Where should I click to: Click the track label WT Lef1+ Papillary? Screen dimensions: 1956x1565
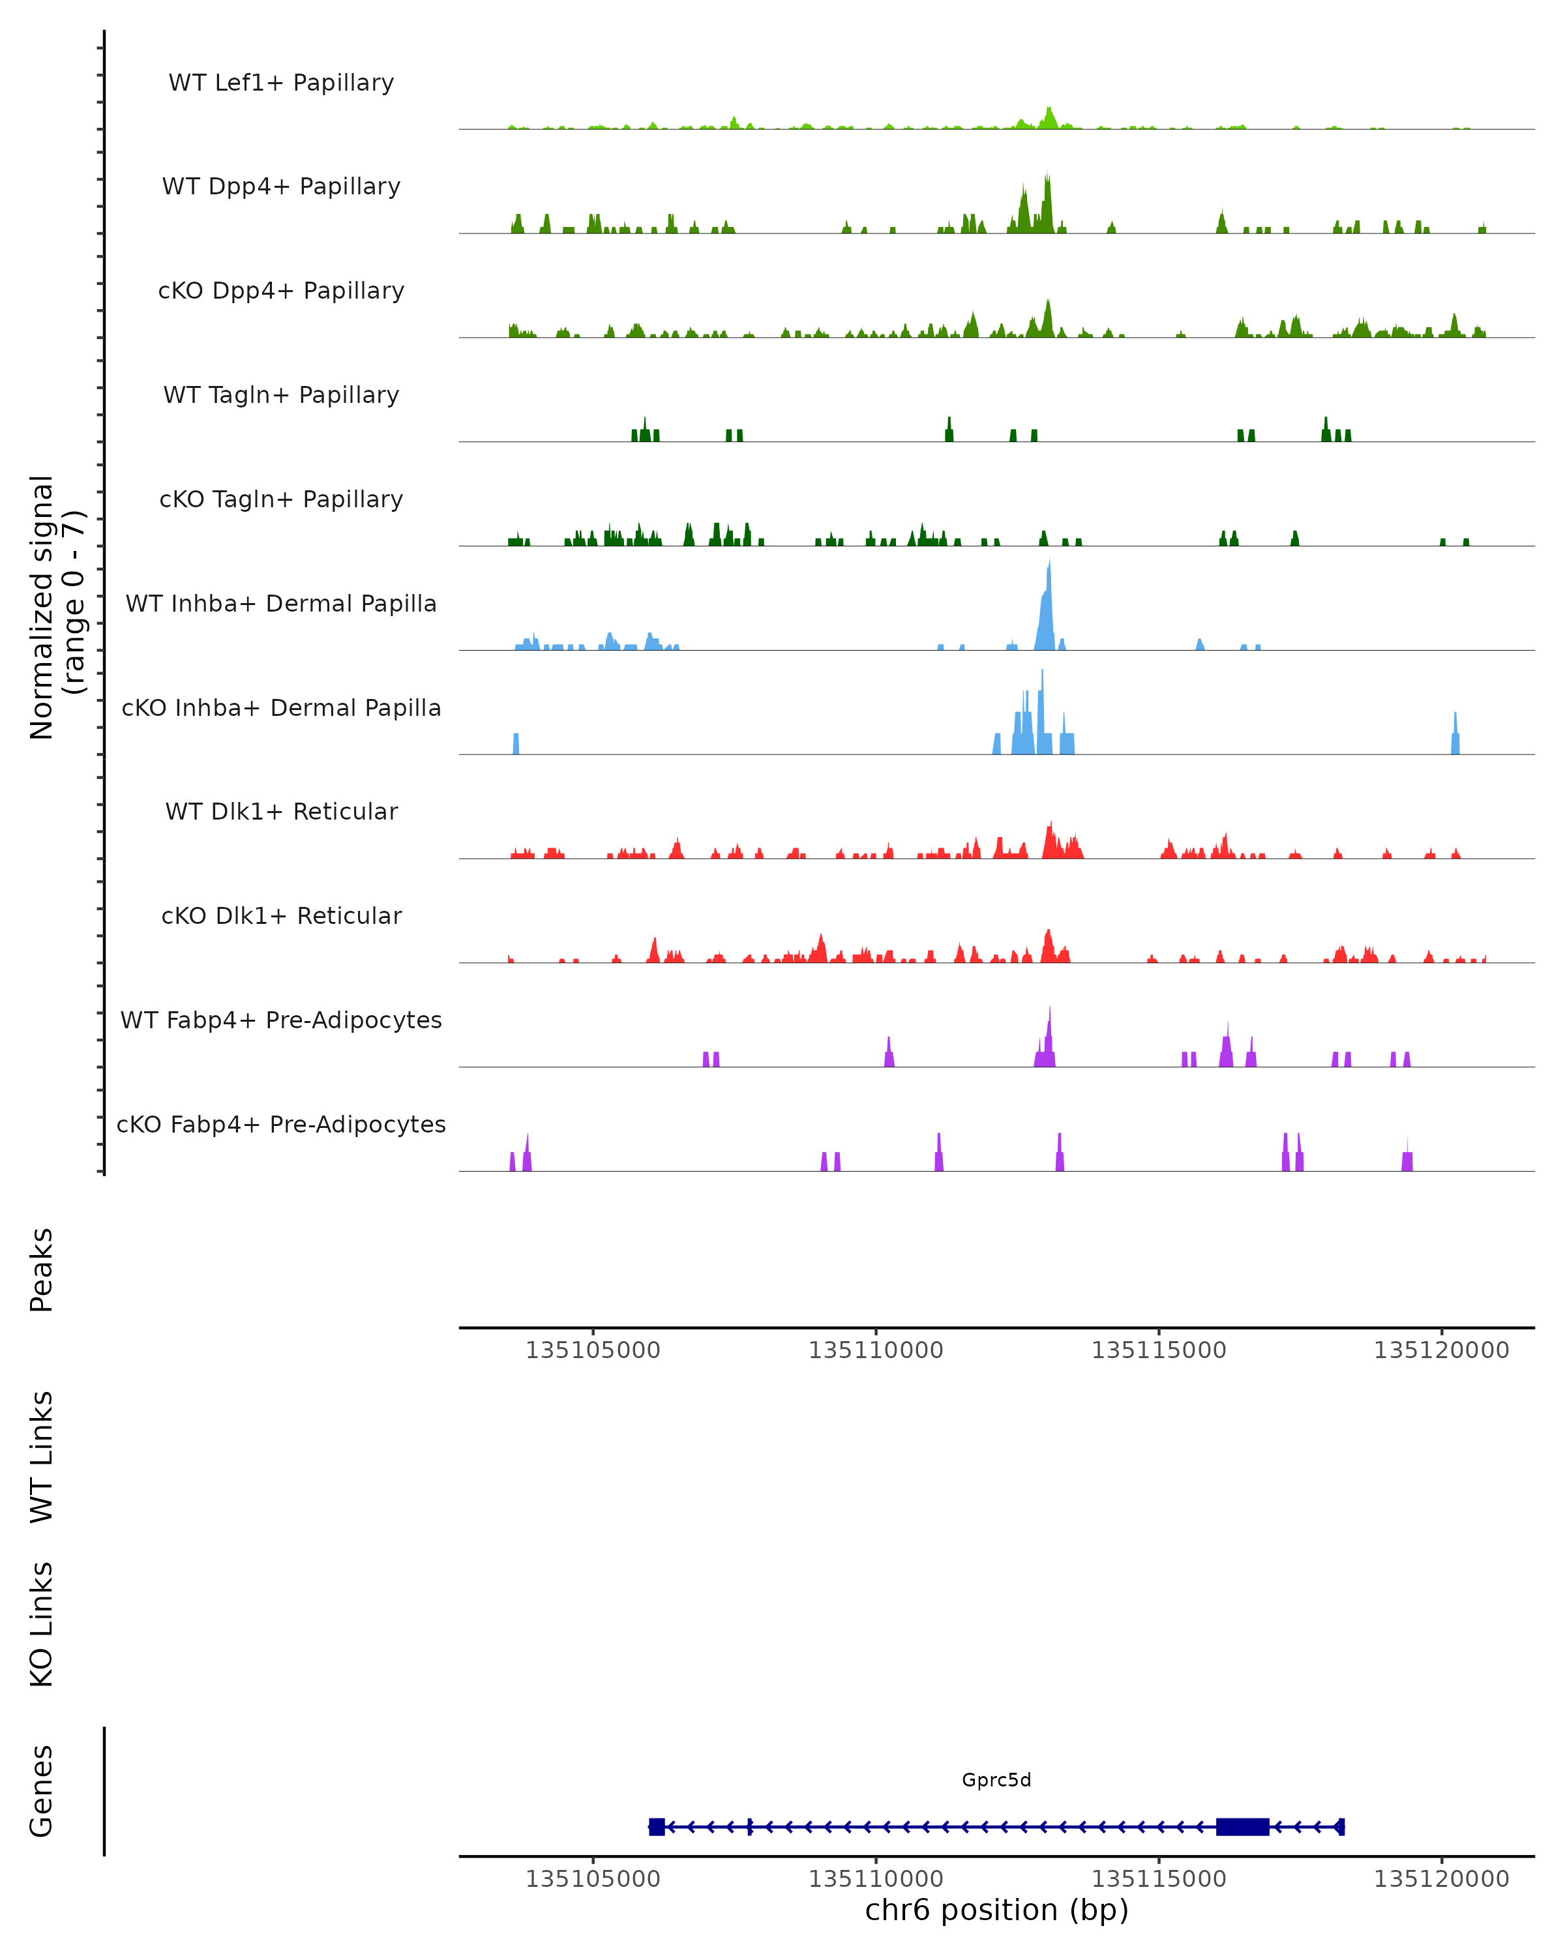pyautogui.click(x=281, y=83)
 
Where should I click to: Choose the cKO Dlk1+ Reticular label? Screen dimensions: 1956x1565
pyautogui.click(x=281, y=915)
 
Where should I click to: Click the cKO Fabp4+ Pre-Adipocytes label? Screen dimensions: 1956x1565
pyautogui.click(x=281, y=1124)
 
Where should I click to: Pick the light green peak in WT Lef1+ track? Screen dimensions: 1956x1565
pyautogui.click(x=1050, y=116)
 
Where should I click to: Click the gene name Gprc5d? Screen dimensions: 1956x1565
pyautogui.click(x=996, y=1780)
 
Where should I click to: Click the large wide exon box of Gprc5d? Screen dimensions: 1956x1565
pyautogui.click(x=1242, y=1827)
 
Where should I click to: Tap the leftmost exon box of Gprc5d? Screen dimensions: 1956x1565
pyautogui.click(x=657, y=1827)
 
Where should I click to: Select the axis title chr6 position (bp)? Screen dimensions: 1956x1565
pyautogui.click(x=996, y=1910)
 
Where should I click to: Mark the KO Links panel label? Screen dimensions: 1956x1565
pyautogui.click(x=42, y=1624)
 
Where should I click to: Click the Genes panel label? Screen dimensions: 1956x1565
pyautogui.click(x=42, y=1791)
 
